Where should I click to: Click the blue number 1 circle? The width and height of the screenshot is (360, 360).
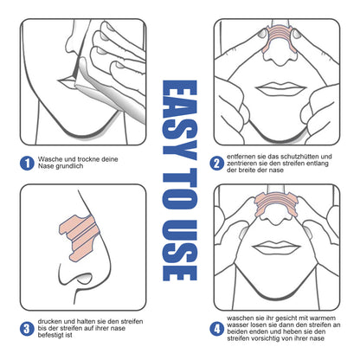(x=28, y=163)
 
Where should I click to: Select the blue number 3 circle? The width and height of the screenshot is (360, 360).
(x=28, y=329)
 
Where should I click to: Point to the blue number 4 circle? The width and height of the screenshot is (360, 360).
(x=217, y=329)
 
